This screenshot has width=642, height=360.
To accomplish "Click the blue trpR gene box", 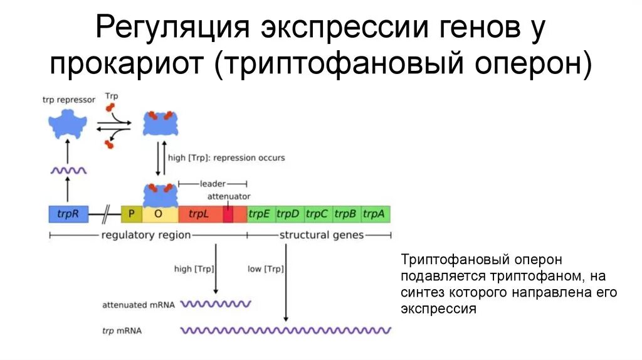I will click(x=68, y=214).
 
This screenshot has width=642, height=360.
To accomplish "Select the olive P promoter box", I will click(x=132, y=214).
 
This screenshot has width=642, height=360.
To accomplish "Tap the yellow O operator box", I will click(x=159, y=214).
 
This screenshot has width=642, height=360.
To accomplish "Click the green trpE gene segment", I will click(x=259, y=214).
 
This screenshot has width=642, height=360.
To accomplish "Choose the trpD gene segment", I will click(x=288, y=214).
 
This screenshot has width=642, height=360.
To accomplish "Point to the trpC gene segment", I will click(x=317, y=214).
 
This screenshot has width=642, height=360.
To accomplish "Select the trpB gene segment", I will click(x=345, y=214).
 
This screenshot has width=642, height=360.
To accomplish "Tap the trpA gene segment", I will click(x=374, y=214).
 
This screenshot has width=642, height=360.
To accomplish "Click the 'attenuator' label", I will click(x=229, y=196).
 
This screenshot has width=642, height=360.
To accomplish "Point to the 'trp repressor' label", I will click(x=68, y=99).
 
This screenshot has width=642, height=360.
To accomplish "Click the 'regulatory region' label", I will click(x=145, y=235).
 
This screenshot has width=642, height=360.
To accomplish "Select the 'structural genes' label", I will click(x=321, y=235).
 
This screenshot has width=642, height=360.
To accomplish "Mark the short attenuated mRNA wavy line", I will click(x=216, y=304).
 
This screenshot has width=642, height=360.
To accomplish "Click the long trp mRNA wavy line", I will click(x=285, y=330).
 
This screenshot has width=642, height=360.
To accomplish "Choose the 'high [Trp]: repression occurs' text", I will click(x=226, y=157).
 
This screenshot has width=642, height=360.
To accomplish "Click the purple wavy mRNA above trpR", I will click(x=68, y=170).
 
